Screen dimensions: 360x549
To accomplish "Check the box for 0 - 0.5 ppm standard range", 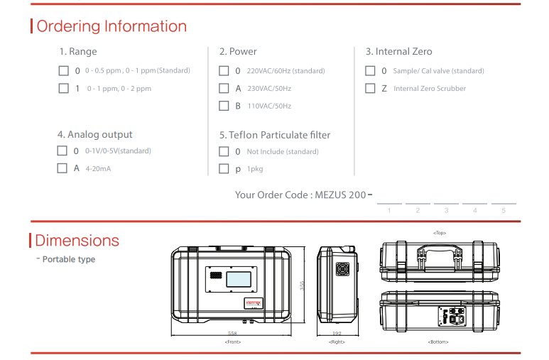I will click(63, 70).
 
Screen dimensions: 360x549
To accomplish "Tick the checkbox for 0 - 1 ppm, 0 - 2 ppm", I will click(63, 89).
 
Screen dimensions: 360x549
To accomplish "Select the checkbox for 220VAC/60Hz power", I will click(224, 71).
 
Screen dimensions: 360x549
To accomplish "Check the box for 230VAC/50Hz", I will click(224, 89).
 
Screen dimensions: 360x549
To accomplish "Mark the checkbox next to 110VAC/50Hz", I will click(224, 106).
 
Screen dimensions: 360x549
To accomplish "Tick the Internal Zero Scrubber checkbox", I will click(370, 89).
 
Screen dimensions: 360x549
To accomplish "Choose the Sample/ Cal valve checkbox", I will click(370, 71).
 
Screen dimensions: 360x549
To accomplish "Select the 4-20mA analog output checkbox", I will click(62, 169).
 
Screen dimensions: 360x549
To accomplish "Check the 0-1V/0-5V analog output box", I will click(62, 151).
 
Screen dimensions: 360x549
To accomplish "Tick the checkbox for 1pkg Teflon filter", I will click(224, 169).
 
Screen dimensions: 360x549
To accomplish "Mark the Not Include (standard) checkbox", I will click(224, 151).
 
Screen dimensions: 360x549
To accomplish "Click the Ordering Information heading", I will click(112, 26).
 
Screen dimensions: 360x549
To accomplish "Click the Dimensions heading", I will click(77, 241).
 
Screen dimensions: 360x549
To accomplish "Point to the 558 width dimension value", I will click(232, 333).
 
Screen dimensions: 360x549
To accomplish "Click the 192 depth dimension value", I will click(337, 333).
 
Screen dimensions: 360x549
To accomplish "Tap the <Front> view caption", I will click(232, 342).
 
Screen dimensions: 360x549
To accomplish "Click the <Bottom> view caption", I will click(438, 342).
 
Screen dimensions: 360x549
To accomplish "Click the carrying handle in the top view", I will click(438, 249).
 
